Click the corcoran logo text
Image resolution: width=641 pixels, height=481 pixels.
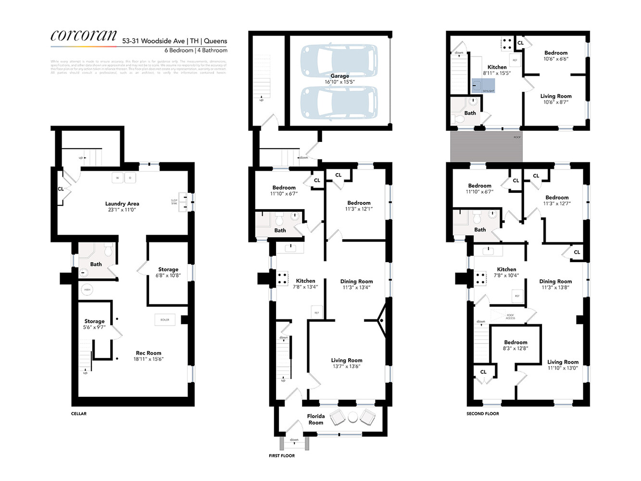pyautogui.click(x=84, y=36)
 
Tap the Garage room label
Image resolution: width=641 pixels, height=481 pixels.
pyautogui.click(x=339, y=76)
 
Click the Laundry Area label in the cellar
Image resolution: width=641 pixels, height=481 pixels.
pyautogui.click(x=122, y=203)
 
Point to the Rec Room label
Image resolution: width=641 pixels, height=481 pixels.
pyautogui.click(x=148, y=353)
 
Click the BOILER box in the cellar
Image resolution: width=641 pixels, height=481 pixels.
pyautogui.click(x=165, y=319)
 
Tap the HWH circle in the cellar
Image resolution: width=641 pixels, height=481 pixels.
pyautogui.click(x=87, y=290)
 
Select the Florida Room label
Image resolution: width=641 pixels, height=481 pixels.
pyautogui.click(x=316, y=419)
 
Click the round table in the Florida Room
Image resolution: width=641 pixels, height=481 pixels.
pyautogui.click(x=353, y=417)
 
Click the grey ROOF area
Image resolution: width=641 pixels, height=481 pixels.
pyautogui.click(x=486, y=146)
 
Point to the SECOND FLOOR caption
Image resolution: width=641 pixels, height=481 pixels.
pyautogui.click(x=482, y=414)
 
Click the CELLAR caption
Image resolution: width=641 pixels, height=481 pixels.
pyautogui.click(x=79, y=414)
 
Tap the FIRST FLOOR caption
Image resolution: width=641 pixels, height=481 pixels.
pyautogui.click(x=282, y=456)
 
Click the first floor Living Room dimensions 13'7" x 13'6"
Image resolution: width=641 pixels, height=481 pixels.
pyautogui.click(x=346, y=367)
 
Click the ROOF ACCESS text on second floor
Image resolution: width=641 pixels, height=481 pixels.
pyautogui.click(x=510, y=316)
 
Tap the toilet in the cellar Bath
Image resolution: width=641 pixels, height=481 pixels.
pyautogui.click(x=108, y=250)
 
